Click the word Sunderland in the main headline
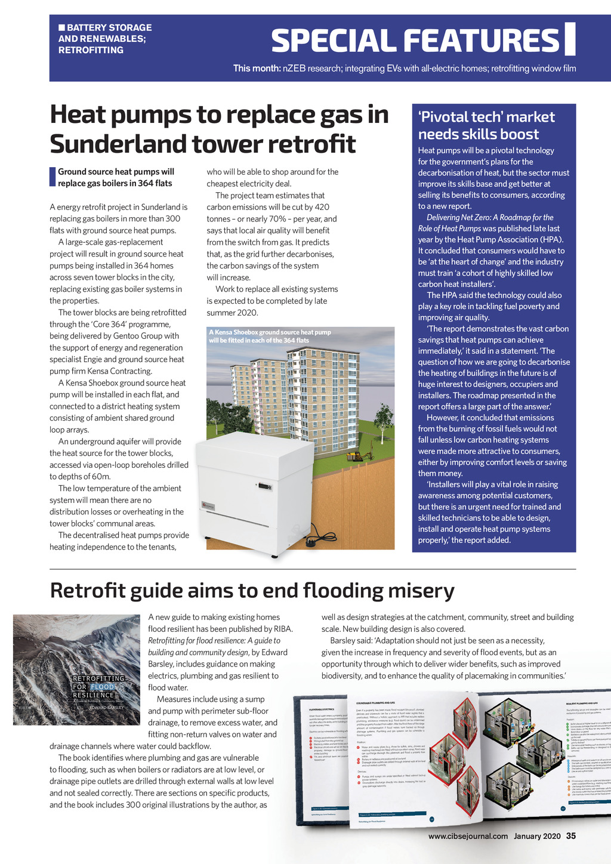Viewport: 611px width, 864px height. [117, 144]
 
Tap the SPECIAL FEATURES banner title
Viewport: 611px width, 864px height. [415, 41]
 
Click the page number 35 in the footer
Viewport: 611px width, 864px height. [571, 836]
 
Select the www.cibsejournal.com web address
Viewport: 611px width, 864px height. [468, 836]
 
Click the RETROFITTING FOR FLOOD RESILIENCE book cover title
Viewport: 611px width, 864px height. [98, 687]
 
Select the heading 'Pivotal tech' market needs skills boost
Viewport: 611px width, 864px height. [486, 125]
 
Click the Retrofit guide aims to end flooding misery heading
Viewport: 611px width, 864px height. [252, 590]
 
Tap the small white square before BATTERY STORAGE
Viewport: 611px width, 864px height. [61, 27]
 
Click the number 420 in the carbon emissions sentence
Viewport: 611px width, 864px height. [321, 207]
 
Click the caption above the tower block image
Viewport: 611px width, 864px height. [270, 336]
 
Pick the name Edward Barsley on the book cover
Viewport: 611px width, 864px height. [106, 708]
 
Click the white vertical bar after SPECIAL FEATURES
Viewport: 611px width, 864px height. [569, 39]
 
